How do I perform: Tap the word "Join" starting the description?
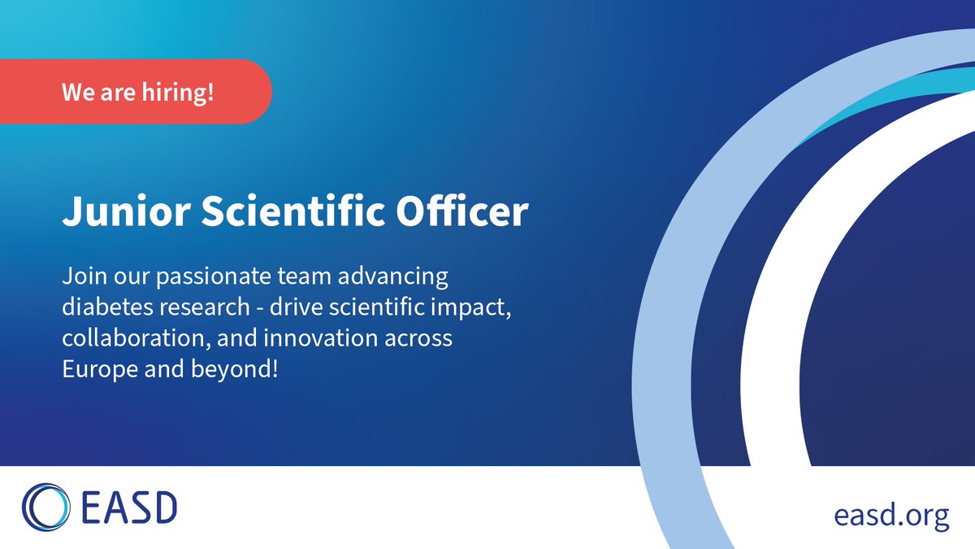click(79, 277)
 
